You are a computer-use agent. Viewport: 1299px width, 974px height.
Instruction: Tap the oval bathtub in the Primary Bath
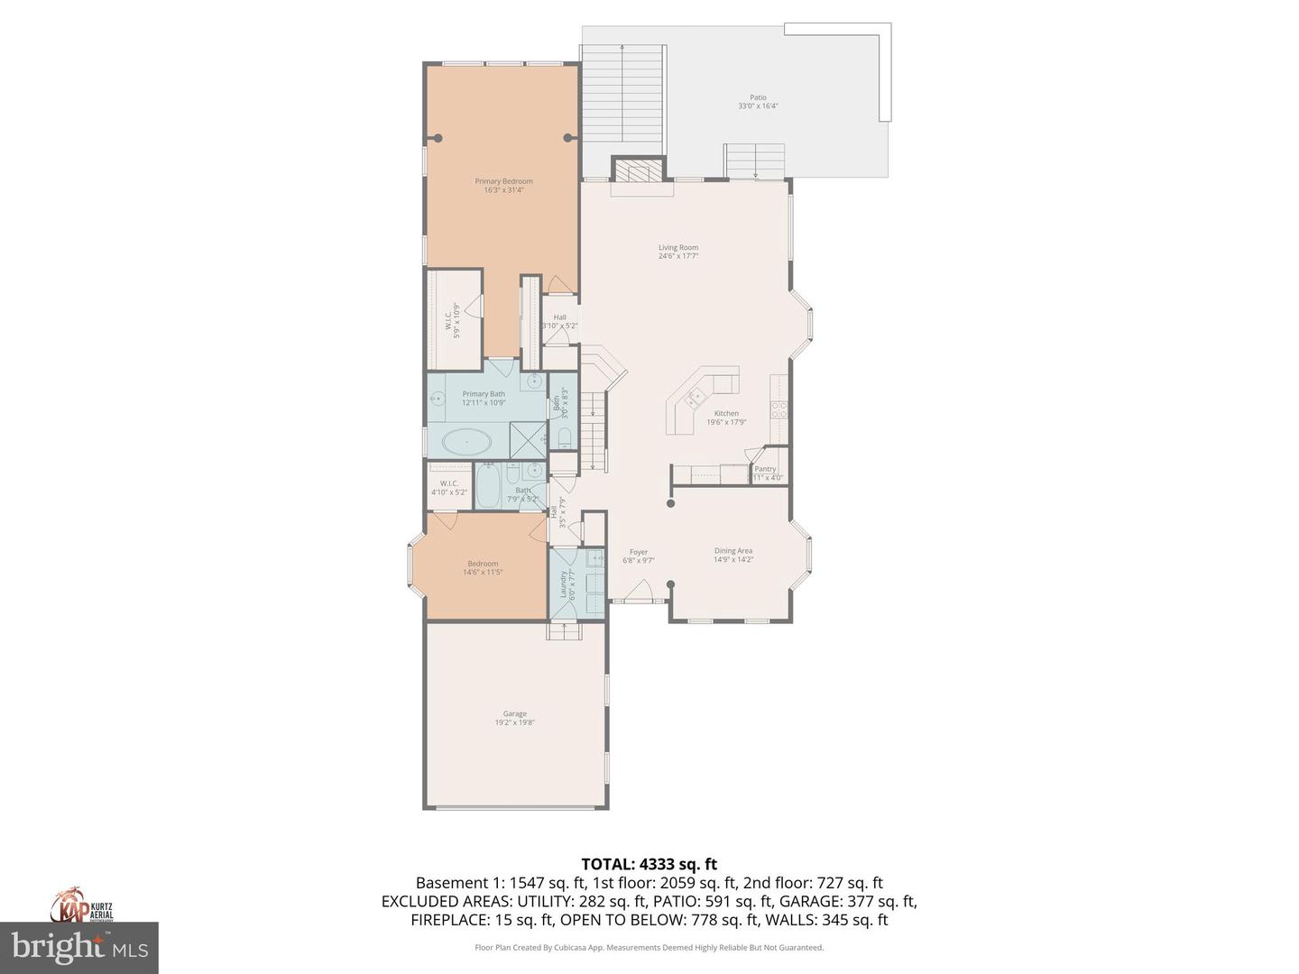click(x=466, y=443)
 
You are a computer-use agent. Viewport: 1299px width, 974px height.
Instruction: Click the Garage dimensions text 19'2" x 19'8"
click(x=514, y=722)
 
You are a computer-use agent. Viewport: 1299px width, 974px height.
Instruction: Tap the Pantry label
click(x=765, y=469)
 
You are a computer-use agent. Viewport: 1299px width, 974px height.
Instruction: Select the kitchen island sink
click(x=696, y=395)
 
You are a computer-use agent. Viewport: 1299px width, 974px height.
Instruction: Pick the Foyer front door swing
click(x=640, y=591)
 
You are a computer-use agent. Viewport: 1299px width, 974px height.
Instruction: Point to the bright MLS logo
click(x=79, y=947)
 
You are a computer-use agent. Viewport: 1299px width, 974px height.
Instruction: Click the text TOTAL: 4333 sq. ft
click(x=649, y=864)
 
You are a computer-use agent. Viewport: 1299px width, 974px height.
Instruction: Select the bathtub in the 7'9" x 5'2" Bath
click(x=488, y=487)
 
